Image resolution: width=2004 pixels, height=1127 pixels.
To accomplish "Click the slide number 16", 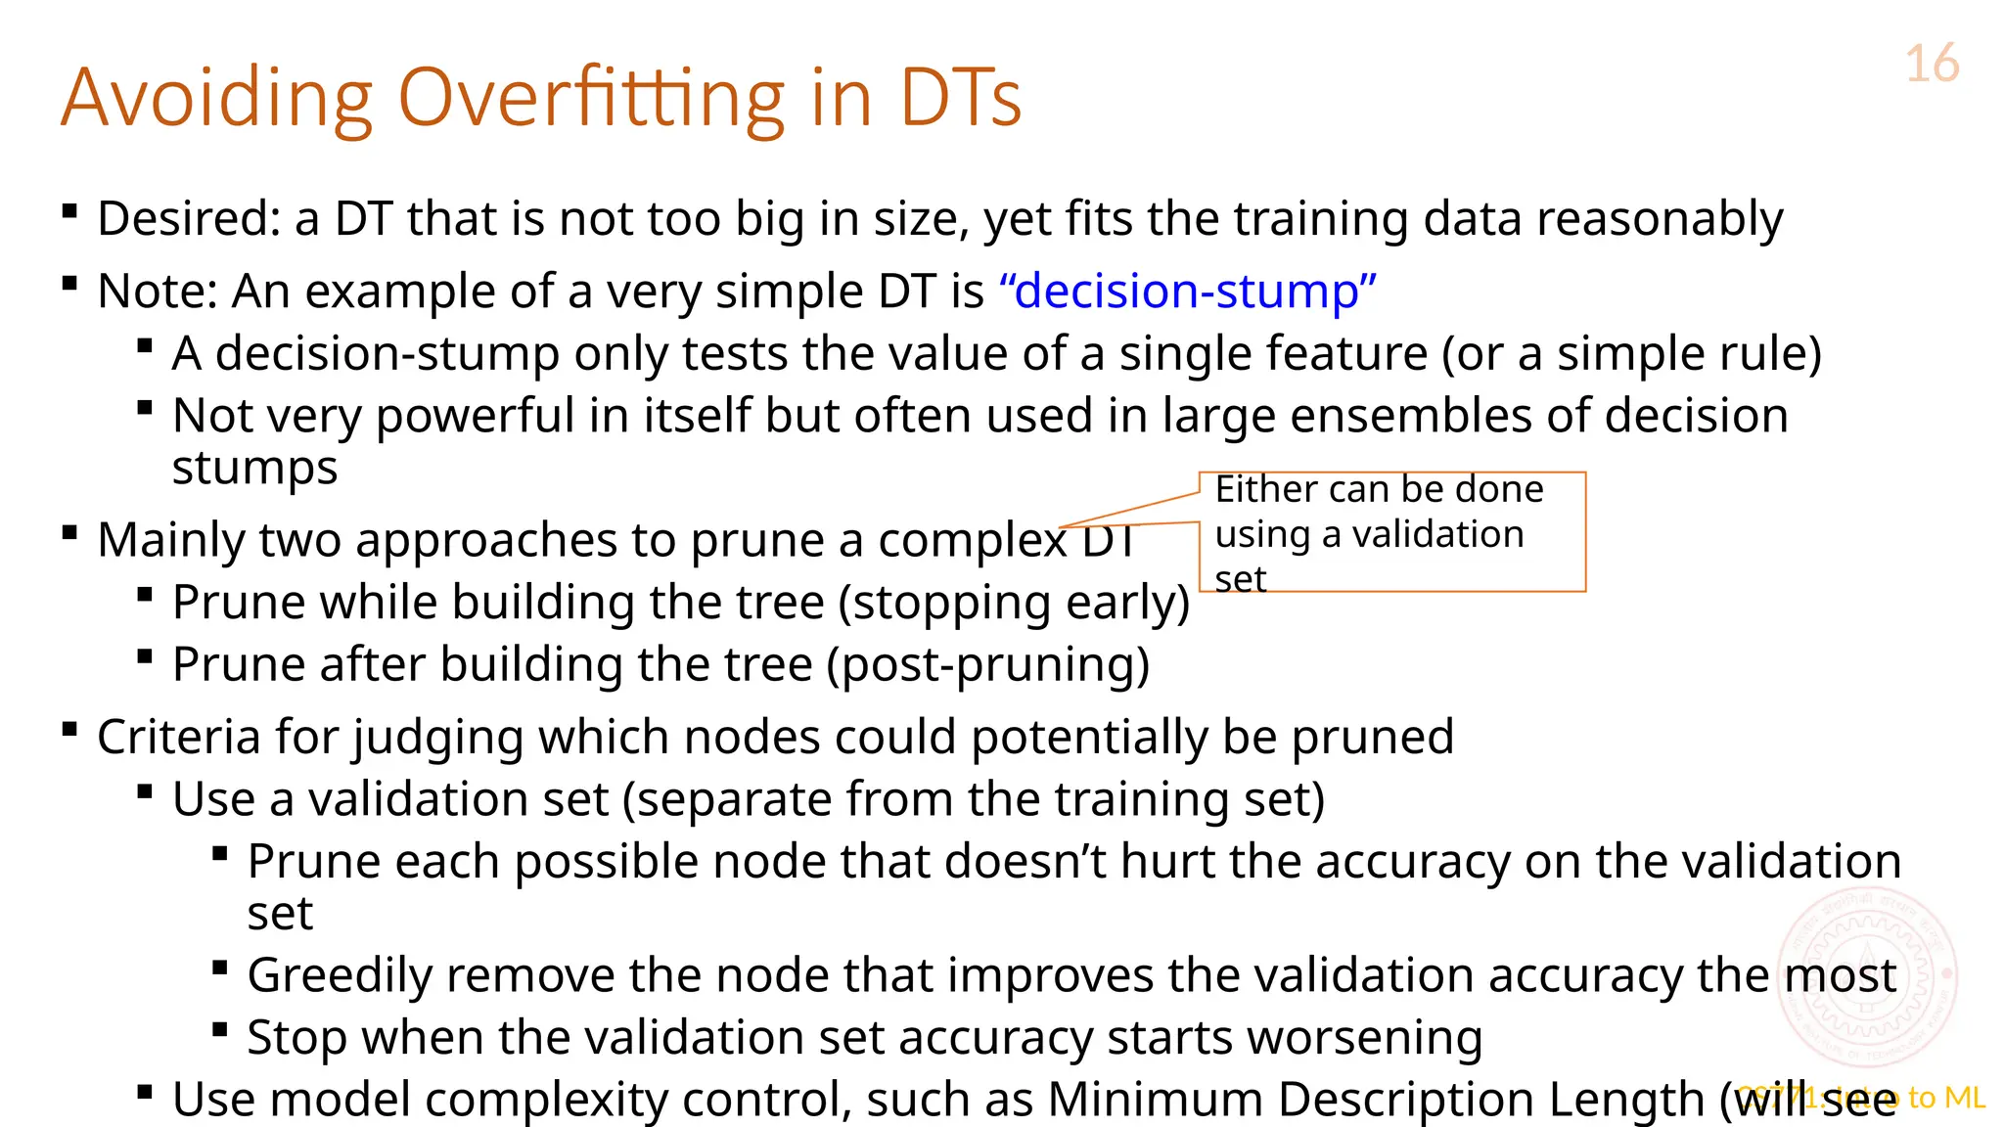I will pos(1932,65).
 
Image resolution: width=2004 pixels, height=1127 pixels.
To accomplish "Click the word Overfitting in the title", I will pos(591,98).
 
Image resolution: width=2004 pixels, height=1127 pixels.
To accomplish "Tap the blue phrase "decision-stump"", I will pos(1188,292).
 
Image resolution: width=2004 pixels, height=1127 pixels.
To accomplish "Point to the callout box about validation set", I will pos(1391,532).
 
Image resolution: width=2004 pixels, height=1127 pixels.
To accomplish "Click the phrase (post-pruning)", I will pos(987,665).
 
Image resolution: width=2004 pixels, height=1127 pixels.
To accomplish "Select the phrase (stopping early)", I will pos(1014,603).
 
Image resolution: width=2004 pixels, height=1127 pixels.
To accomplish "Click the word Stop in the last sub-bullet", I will pos(296,1038).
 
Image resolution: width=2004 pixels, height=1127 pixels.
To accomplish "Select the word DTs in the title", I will pos(960,98).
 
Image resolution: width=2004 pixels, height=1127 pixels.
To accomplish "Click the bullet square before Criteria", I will pos(69,729).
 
